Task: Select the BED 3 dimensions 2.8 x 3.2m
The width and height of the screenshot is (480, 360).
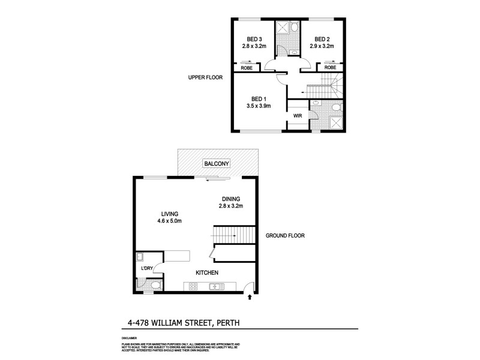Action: [x=246, y=46]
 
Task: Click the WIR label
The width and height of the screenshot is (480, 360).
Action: [x=297, y=115]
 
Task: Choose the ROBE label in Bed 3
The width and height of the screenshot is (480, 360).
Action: [x=247, y=68]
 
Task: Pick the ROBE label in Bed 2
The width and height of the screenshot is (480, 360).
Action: [x=330, y=68]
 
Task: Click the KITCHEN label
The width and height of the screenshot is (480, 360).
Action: [x=206, y=273]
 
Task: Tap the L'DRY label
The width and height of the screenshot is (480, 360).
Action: [x=147, y=268]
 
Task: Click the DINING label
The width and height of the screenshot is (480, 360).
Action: [x=230, y=199]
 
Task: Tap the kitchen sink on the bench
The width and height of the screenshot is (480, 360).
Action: [x=215, y=287]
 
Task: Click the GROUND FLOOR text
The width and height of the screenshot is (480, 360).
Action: [x=285, y=236]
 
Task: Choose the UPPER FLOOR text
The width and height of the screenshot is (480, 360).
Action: [x=205, y=77]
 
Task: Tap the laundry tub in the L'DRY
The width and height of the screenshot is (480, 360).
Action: [x=140, y=256]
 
